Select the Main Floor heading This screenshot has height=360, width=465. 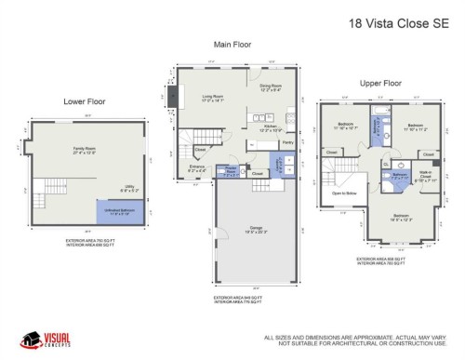[233, 44]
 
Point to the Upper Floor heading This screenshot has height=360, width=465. [380, 82]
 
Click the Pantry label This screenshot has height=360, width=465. [287, 142]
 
